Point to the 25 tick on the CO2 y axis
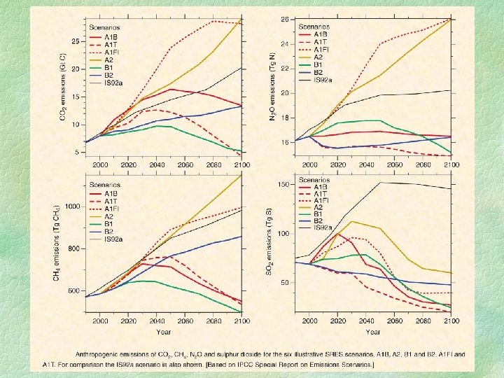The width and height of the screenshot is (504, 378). click(76, 43)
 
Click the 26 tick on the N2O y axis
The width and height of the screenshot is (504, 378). click(283, 19)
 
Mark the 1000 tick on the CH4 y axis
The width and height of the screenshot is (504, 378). click(71, 206)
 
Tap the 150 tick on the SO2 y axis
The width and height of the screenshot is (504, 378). click(283, 184)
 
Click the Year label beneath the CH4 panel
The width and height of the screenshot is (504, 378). click(164, 331)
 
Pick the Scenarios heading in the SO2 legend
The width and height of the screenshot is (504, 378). click(314, 180)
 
